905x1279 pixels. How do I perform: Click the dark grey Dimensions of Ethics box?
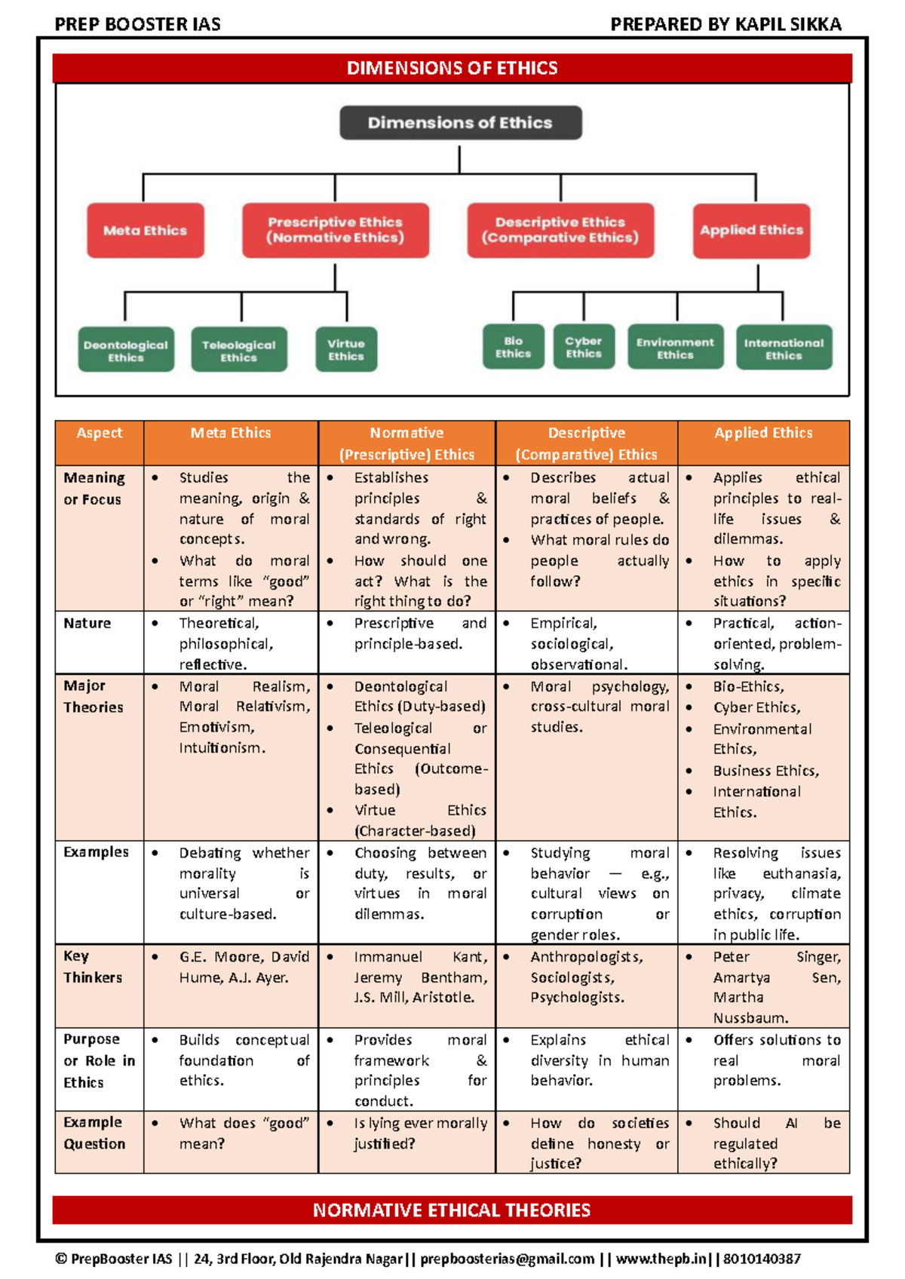(460, 122)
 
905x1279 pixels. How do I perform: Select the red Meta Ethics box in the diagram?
(145, 230)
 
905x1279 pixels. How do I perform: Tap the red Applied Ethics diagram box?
(751, 230)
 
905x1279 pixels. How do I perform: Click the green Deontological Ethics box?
(126, 350)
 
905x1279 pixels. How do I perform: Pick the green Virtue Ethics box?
(346, 349)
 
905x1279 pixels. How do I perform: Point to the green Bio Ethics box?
(513, 347)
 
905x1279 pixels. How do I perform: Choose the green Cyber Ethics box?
(584, 347)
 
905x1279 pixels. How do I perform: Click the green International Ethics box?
(784, 348)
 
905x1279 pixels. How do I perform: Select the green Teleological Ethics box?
(238, 350)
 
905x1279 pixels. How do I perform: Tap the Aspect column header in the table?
(99, 433)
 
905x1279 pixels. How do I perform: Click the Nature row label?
(87, 624)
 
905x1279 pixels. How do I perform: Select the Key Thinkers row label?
(93, 967)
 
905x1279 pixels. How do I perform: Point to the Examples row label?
(96, 852)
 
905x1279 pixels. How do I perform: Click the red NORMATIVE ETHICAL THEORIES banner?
(452, 1210)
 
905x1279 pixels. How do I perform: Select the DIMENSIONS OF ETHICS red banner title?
(452, 68)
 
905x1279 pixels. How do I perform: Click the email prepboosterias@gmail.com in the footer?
(508, 1259)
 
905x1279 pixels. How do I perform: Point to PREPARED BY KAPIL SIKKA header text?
(726, 24)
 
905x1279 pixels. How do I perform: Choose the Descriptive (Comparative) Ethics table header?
(586, 443)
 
